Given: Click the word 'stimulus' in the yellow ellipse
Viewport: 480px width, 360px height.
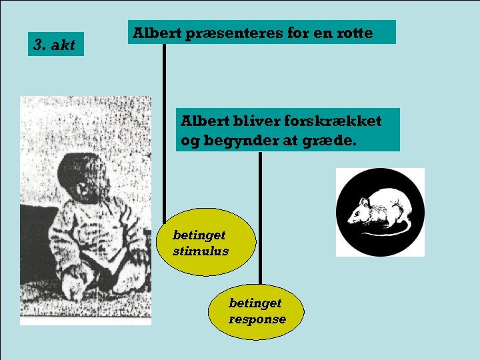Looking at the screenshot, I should coord(200,251).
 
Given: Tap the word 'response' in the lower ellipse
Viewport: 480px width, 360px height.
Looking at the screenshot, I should coord(257,319).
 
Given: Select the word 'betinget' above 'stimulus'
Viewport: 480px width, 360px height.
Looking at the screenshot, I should coord(199,235).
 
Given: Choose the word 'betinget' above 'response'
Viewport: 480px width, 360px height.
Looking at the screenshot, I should coord(255,303).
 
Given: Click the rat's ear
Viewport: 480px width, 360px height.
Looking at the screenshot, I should coord(365,201).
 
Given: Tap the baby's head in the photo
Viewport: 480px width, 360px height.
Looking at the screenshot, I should coord(80,179).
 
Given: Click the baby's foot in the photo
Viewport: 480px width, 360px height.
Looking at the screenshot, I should coord(75,288).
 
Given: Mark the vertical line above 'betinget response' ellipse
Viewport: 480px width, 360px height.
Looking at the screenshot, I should coord(261,220).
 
